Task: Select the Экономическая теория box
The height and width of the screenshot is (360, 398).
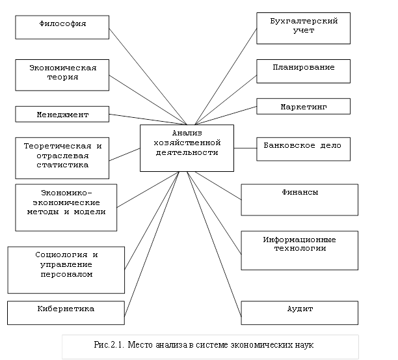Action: [x=62, y=72]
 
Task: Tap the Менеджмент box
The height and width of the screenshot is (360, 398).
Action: [x=62, y=114]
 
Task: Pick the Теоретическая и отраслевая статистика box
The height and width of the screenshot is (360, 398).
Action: [x=62, y=156]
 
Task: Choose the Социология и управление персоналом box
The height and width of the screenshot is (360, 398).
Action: [x=66, y=270]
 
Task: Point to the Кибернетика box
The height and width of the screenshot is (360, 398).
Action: [x=66, y=312]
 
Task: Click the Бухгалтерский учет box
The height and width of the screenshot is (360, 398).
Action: [x=303, y=28]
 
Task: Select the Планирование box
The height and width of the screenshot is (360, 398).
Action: [x=303, y=71]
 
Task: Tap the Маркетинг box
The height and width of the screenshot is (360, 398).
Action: [x=303, y=106]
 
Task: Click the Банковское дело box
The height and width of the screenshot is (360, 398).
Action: [x=303, y=148]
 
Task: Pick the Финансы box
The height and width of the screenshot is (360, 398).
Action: [x=299, y=199]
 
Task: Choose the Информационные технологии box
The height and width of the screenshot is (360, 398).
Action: [x=299, y=250]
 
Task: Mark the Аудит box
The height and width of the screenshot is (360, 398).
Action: [x=299, y=312]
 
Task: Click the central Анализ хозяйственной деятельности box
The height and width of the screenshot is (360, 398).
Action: [x=187, y=148]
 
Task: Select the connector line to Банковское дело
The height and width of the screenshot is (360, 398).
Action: [x=245, y=148]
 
